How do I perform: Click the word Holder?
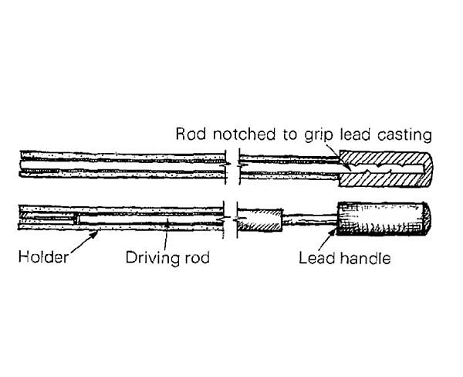[43, 256]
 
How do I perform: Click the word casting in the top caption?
[404, 134]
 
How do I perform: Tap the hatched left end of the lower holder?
[46, 219]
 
